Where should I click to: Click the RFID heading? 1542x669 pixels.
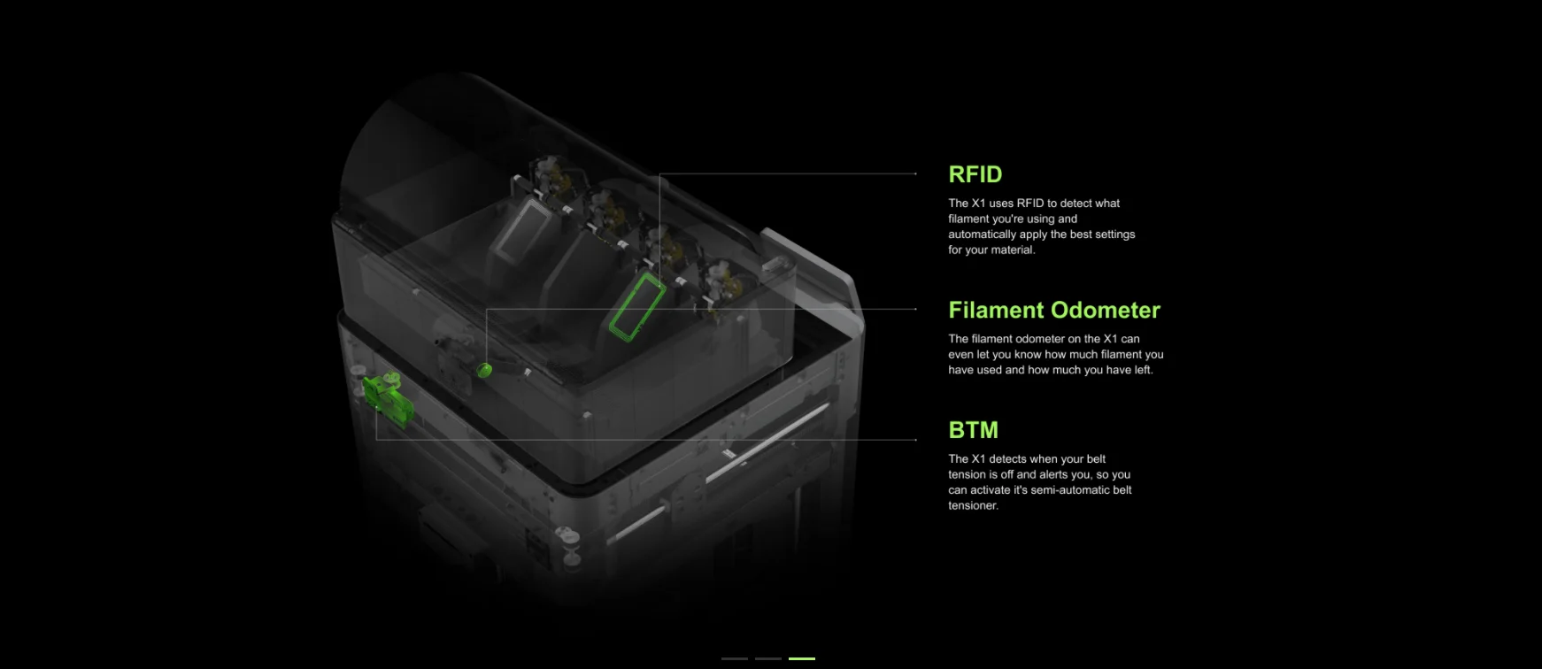click(x=975, y=174)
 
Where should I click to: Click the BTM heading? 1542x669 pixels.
click(x=973, y=430)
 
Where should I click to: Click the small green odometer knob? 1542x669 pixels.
click(x=484, y=369)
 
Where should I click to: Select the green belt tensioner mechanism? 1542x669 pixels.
click(x=388, y=400)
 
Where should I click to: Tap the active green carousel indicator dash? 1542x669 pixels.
click(x=801, y=658)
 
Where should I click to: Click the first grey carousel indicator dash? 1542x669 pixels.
click(x=735, y=658)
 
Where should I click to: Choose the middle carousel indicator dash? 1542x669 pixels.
click(x=768, y=658)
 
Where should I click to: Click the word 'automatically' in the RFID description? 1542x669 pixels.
click(x=982, y=235)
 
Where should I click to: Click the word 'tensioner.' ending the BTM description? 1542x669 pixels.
click(x=974, y=505)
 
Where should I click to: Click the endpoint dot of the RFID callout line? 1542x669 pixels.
click(x=916, y=174)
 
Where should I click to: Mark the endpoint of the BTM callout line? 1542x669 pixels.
click(x=916, y=439)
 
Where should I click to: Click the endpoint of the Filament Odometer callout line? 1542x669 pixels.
click(x=916, y=309)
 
